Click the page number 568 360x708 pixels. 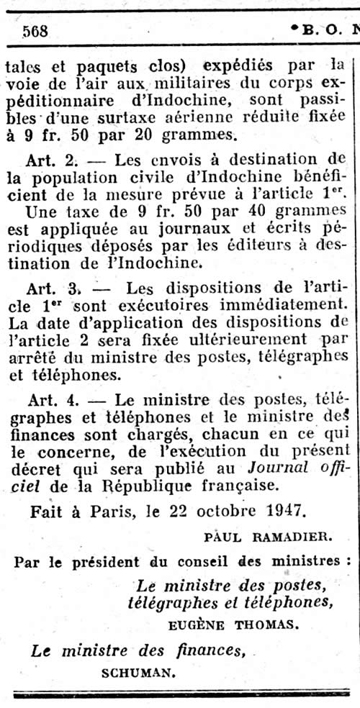(x=35, y=31)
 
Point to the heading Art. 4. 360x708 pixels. (x=56, y=398)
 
